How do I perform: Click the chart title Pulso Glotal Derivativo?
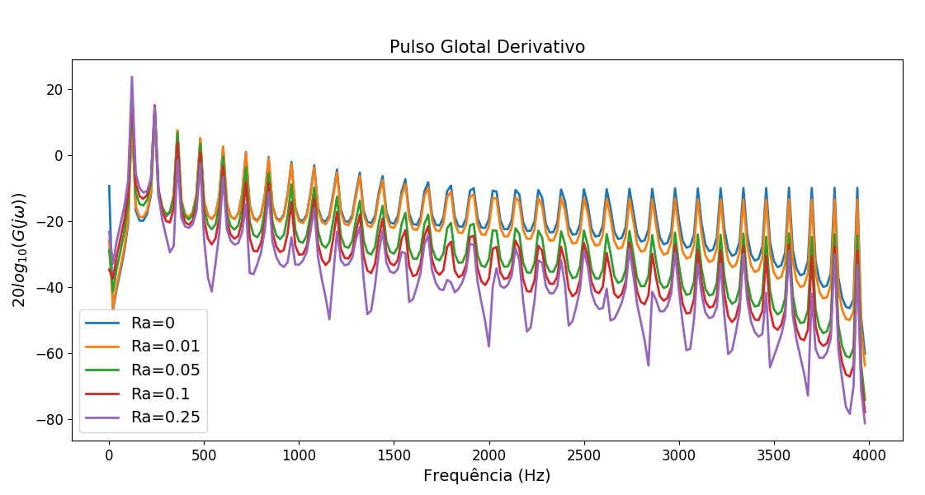pos(487,47)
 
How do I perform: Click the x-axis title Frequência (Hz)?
pos(487,476)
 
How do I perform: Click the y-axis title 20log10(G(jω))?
pos(19,249)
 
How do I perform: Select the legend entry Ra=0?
pos(153,323)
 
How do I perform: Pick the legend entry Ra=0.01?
pos(165,346)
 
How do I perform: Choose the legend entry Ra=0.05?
pos(165,370)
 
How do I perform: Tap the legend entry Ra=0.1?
pos(160,394)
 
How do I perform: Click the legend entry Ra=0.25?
pos(165,417)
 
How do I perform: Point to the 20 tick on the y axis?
pos(54,89)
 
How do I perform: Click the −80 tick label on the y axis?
pos(50,419)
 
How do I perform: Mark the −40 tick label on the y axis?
pos(50,287)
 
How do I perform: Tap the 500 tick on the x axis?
pos(204,455)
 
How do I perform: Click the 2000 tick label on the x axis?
pos(489,455)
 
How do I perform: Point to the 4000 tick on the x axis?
pos(869,455)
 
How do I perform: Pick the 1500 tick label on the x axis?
pos(394,455)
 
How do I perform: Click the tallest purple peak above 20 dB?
pos(131,78)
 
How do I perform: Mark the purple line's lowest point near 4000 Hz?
pos(865,423)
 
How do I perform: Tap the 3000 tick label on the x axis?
pos(679,455)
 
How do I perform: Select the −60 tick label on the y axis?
pos(50,353)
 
